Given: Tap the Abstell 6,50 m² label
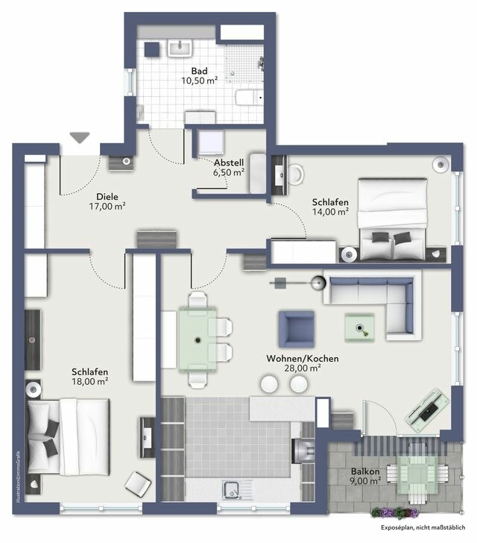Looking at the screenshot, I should [x=229, y=167].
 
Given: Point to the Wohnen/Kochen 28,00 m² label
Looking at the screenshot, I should [x=303, y=363].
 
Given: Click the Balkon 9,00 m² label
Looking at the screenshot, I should [x=367, y=476].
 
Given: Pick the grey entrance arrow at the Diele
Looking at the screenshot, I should [x=79, y=137].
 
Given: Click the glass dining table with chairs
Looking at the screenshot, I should [x=198, y=340].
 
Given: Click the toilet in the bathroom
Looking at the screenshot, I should [x=248, y=98].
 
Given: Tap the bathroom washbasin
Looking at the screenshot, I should [x=180, y=48].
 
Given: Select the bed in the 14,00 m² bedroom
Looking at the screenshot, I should [x=393, y=218].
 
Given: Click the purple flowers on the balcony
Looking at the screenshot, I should [x=395, y=513].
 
